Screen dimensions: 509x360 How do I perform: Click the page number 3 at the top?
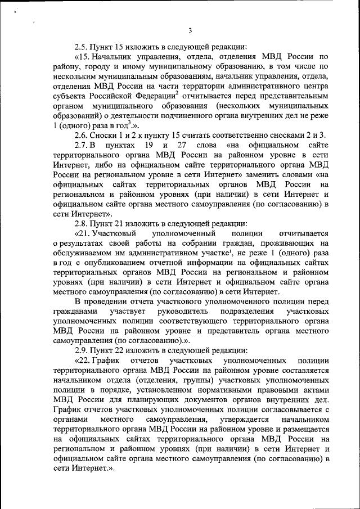[x=190, y=30]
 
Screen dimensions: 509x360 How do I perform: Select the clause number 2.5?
[x=82, y=47]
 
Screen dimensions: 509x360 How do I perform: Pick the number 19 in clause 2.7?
[x=148, y=146]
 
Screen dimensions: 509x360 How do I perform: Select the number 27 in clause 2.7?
[x=181, y=146]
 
